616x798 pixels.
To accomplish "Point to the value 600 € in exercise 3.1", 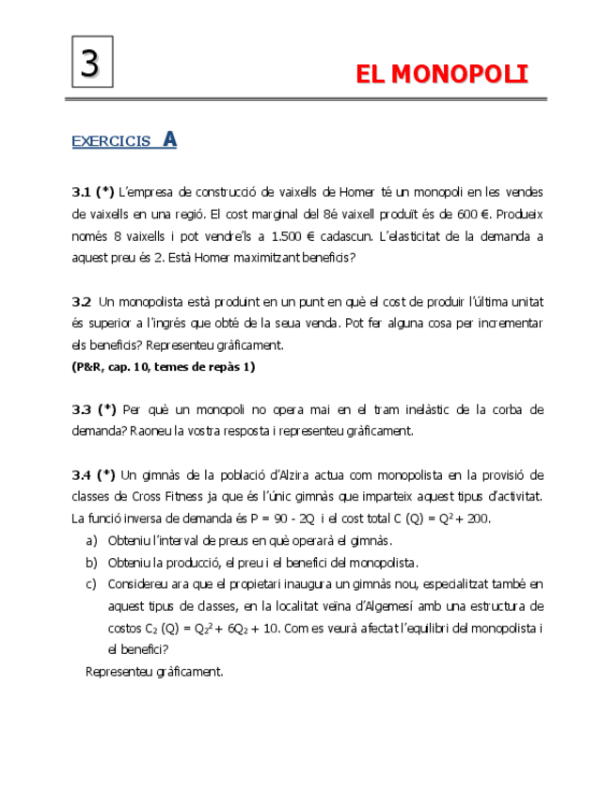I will [x=509, y=214].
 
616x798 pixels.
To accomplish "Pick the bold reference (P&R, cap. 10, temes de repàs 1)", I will [x=164, y=366].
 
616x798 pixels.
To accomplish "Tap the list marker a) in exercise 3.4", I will [x=91, y=540].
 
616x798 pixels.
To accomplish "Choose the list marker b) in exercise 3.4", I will [x=91, y=562].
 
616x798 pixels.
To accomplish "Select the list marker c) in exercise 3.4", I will [x=91, y=583].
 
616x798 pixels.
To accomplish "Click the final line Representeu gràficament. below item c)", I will [x=154, y=671].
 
